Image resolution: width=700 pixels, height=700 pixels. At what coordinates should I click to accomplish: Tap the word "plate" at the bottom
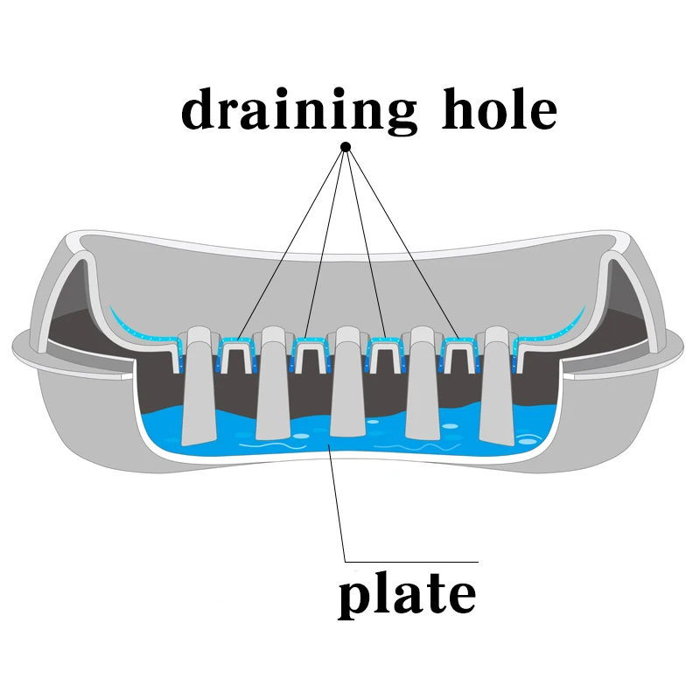[407, 594]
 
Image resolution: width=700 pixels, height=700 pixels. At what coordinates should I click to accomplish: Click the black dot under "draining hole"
[346, 146]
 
